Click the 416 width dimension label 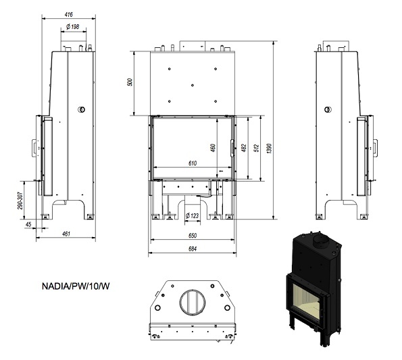coord(68,15)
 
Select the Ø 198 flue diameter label coord(73,26)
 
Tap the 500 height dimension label coord(130,82)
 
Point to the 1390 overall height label coord(269,149)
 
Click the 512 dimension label coord(256,149)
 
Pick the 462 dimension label coord(244,148)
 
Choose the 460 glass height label coord(213,148)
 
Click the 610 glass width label coord(193,163)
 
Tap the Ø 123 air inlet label coord(193,215)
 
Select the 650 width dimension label coord(193,236)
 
